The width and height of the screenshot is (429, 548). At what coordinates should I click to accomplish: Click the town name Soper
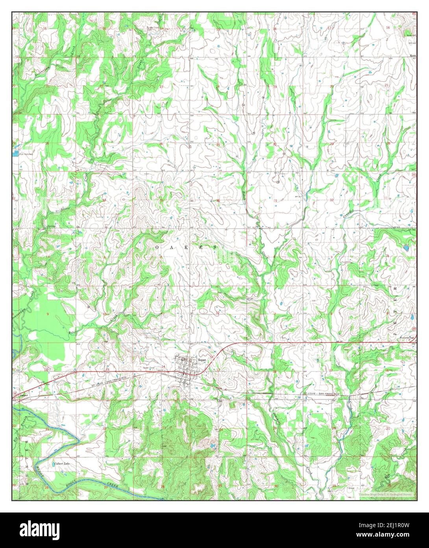coord(202,360)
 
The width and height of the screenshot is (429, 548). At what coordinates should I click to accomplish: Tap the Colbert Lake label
coord(62,464)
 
